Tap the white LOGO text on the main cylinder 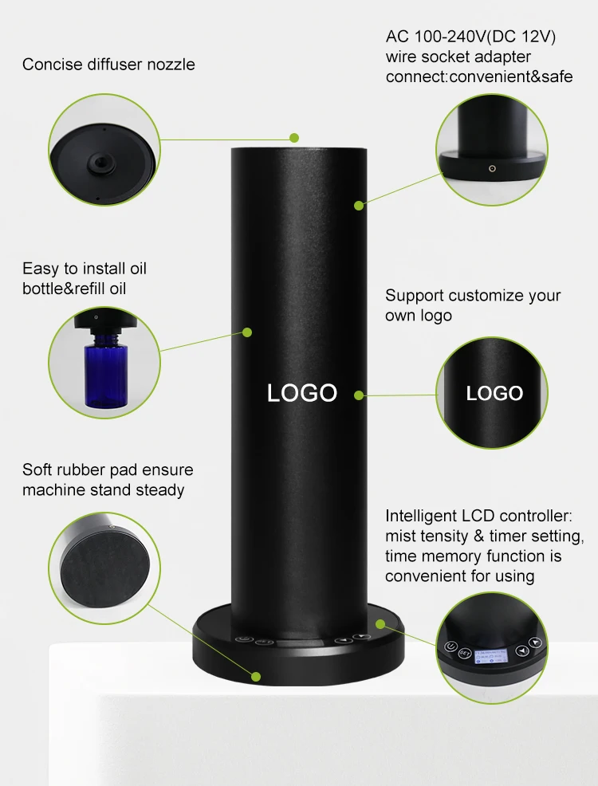pos(301,393)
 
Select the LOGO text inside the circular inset pos(494,394)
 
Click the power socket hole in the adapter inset pos(492,168)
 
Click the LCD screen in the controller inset pos(491,656)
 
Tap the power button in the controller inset pos(450,646)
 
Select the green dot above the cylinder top pos(294,138)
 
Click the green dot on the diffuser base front pos(256,677)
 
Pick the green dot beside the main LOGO pos(358,395)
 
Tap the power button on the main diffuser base pos(242,639)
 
